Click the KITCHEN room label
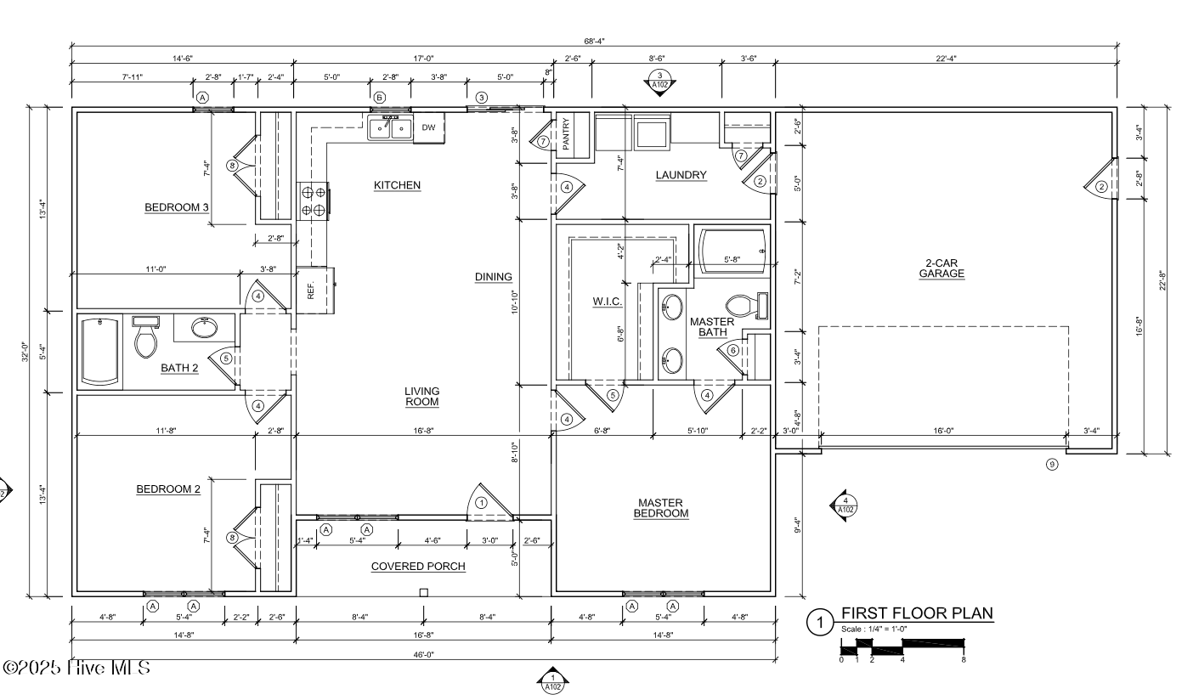point(397,185)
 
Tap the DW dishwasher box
point(429,127)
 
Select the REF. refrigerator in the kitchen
point(315,291)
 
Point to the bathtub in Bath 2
point(100,352)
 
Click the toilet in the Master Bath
point(747,306)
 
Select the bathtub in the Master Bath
point(732,251)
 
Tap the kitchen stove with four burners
point(314,200)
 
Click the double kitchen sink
point(390,128)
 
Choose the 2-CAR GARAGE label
point(941,268)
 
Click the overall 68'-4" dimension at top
point(594,41)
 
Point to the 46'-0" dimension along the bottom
point(424,655)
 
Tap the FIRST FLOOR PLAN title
point(917,613)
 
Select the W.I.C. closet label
point(608,302)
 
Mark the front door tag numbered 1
point(481,503)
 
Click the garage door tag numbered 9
point(1052,465)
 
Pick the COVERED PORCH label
point(418,567)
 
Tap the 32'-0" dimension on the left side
point(25,352)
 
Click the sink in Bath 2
point(204,327)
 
